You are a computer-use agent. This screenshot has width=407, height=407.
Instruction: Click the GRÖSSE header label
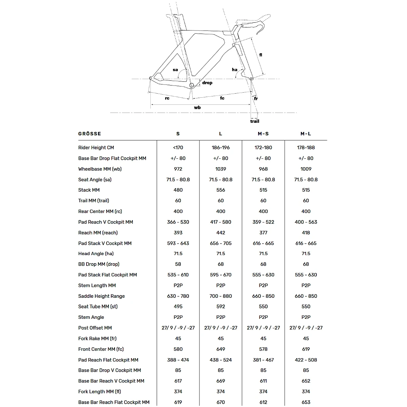[x=90, y=134]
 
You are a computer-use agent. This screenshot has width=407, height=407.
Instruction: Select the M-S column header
[x=263, y=134]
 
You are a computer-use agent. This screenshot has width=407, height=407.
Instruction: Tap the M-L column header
[x=306, y=134]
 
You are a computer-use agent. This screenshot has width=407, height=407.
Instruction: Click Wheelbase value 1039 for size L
[x=220, y=169]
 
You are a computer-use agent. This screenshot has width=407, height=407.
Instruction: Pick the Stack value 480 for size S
[x=178, y=190]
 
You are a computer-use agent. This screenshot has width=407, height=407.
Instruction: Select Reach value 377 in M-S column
[x=263, y=233]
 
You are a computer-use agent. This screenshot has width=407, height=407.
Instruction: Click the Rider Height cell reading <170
[x=178, y=148]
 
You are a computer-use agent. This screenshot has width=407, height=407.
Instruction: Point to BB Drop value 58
[x=178, y=264]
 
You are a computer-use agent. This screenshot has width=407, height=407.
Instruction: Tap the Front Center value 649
[x=220, y=349]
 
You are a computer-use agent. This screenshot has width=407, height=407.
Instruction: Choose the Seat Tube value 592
[x=220, y=307]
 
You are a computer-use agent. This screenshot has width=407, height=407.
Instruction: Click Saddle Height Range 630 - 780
[x=178, y=296]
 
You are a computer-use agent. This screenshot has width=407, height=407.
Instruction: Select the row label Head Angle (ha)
[x=96, y=254]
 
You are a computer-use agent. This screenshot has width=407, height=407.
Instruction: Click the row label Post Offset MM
[x=95, y=328]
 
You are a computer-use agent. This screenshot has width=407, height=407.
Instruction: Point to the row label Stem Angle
[x=91, y=317]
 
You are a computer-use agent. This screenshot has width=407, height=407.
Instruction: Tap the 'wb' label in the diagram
[x=197, y=108]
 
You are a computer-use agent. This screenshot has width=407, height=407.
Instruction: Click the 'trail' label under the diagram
[x=255, y=121]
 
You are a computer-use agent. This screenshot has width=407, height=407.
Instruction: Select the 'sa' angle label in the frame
[x=175, y=70]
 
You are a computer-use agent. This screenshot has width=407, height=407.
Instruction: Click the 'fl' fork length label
[x=260, y=55]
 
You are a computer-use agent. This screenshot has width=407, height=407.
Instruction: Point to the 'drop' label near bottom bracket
[x=207, y=83]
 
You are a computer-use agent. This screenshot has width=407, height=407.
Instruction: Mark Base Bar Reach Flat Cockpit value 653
[x=306, y=402]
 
